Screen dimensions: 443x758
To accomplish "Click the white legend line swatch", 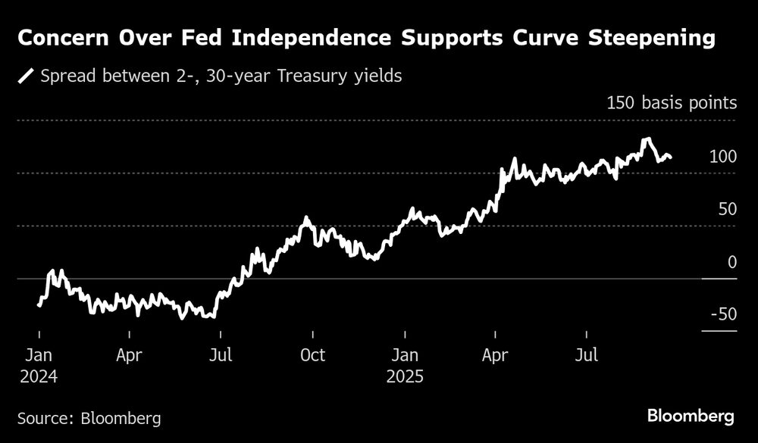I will pyautogui.click(x=27, y=76).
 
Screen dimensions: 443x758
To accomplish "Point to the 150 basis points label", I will pyautogui.click(x=672, y=103).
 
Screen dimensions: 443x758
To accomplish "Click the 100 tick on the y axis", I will pyautogui.click(x=722, y=157).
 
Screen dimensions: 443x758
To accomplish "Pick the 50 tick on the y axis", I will pyautogui.click(x=727, y=209).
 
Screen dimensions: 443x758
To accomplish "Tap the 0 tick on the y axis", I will pyautogui.click(x=732, y=262).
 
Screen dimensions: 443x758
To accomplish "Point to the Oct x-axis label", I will pyautogui.click(x=312, y=354).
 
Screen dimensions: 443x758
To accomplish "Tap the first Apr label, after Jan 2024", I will pyautogui.click(x=130, y=354).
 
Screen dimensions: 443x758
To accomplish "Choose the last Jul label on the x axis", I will pyautogui.click(x=587, y=354).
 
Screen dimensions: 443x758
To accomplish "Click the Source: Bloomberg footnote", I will pyautogui.click(x=89, y=417).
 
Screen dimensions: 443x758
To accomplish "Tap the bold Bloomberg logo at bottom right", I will pyautogui.click(x=691, y=416).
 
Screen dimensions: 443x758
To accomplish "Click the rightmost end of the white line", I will pyautogui.click(x=671, y=158).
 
